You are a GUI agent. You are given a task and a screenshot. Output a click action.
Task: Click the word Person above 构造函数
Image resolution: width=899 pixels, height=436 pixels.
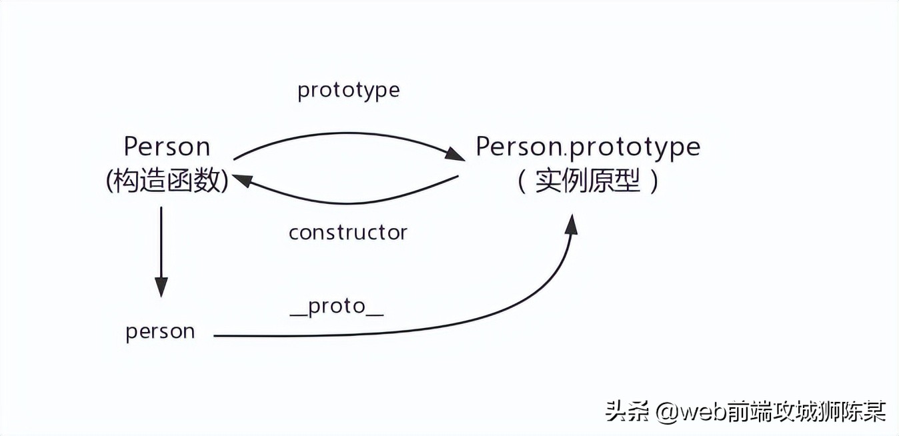(167, 147)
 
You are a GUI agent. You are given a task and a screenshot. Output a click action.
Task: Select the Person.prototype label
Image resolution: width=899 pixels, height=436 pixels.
(588, 147)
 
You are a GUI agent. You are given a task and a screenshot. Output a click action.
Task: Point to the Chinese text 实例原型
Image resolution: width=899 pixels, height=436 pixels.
(588, 181)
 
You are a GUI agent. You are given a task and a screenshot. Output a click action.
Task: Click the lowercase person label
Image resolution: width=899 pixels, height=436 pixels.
(160, 331)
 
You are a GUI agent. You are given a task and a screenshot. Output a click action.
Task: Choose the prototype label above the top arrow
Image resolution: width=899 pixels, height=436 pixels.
(348, 90)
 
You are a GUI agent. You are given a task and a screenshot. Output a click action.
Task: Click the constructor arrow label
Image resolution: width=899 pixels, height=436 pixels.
(347, 232)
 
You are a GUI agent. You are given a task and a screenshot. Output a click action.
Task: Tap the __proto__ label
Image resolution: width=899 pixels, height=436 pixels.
(337, 307)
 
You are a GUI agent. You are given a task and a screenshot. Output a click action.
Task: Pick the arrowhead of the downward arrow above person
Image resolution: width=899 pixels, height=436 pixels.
(161, 287)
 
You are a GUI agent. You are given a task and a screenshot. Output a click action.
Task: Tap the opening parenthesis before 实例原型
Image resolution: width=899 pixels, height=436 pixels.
(522, 181)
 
